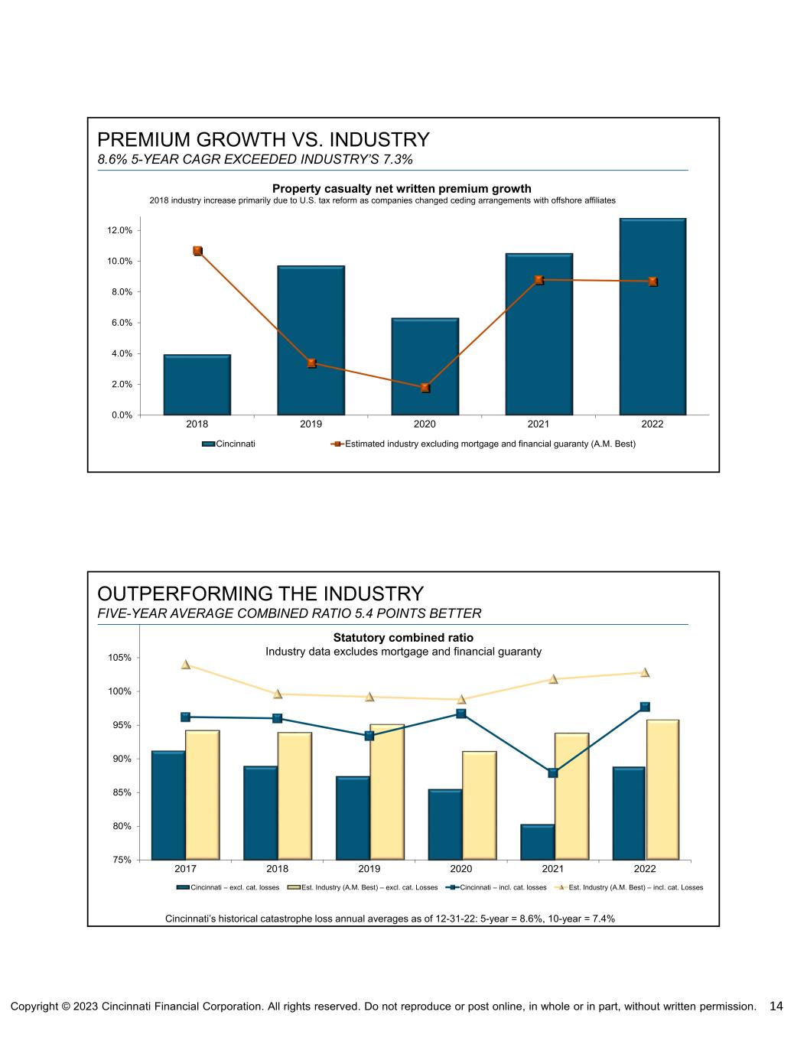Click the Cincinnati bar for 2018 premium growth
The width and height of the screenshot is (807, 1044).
tap(197, 385)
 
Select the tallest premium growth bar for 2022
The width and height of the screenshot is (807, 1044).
tap(652, 317)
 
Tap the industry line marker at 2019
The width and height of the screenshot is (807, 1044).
tap(311, 363)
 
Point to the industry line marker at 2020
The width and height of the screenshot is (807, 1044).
tap(425, 388)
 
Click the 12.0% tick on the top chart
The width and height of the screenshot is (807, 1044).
tap(119, 230)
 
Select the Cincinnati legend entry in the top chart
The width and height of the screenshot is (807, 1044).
tap(229, 444)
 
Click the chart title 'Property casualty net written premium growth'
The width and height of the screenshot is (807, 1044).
tap(402, 188)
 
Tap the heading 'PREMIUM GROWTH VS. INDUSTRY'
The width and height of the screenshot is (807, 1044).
tap(263, 140)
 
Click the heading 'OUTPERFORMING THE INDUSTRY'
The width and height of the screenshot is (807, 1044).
tap(260, 594)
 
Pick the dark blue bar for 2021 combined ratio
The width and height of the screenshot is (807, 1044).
tap(537, 842)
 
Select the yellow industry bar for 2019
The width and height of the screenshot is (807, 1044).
tap(387, 792)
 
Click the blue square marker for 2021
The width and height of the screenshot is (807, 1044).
tap(553, 772)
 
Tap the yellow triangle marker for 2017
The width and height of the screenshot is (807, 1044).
tap(186, 665)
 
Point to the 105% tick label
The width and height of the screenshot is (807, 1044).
tap(119, 658)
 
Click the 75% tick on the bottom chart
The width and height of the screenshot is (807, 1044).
tap(122, 860)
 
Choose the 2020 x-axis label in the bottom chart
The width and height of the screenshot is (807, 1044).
tap(461, 869)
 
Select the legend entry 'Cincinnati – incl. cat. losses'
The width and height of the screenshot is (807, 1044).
tap(497, 887)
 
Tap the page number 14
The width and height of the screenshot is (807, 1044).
tap(776, 1006)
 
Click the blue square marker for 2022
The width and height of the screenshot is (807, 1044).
tap(645, 707)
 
